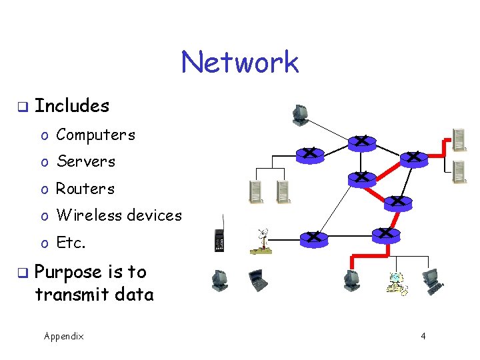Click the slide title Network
(239, 63)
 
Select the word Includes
(72, 106)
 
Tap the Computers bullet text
(96, 135)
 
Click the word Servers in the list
(86, 162)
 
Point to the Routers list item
(85, 189)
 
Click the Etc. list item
(71, 243)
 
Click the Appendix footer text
(64, 337)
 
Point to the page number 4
(423, 337)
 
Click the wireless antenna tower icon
(261, 241)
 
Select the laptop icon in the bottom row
(257, 281)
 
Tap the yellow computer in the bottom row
(397, 283)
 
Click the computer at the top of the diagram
(300, 115)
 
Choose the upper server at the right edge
(459, 140)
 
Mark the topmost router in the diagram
(361, 141)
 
